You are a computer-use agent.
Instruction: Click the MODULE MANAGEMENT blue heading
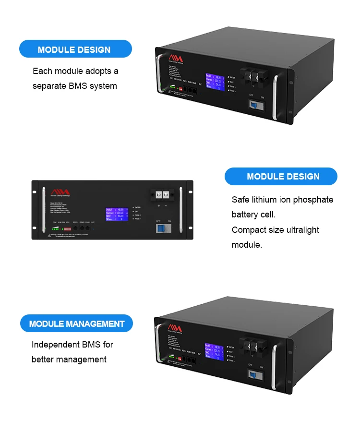[x=76, y=324]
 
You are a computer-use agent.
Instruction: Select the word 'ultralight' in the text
[x=300, y=230]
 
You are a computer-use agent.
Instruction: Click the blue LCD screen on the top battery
[x=214, y=82]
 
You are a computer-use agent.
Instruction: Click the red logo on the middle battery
[x=60, y=192]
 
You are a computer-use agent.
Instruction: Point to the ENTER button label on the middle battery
[x=138, y=207]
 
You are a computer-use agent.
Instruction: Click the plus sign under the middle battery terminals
[x=159, y=206]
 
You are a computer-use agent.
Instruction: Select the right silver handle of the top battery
[x=275, y=96]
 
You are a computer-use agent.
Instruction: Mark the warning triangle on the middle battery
[x=49, y=236]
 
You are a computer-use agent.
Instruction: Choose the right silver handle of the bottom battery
[x=275, y=366]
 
